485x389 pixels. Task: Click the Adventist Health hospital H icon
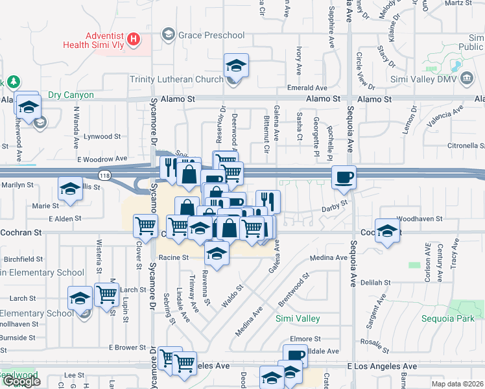pyautogui.click(x=134, y=39)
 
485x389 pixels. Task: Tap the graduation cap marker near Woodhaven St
pyautogui.click(x=387, y=231)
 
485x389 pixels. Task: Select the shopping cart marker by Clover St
pyautogui.click(x=145, y=226)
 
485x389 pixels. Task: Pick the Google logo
pyautogui.click(x=21, y=381)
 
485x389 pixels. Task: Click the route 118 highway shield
pyautogui.click(x=104, y=175)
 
